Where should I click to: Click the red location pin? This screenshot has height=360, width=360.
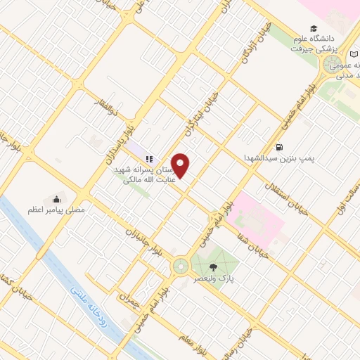point(181,165)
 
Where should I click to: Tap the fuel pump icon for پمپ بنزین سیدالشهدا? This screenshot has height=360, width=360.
point(281,147)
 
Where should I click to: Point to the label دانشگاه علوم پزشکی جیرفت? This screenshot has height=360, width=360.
point(332,45)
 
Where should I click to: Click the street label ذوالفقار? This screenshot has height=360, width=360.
point(109,105)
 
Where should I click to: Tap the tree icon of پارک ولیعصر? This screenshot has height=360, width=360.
point(214,266)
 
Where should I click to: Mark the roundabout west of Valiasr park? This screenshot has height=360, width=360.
point(181,266)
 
